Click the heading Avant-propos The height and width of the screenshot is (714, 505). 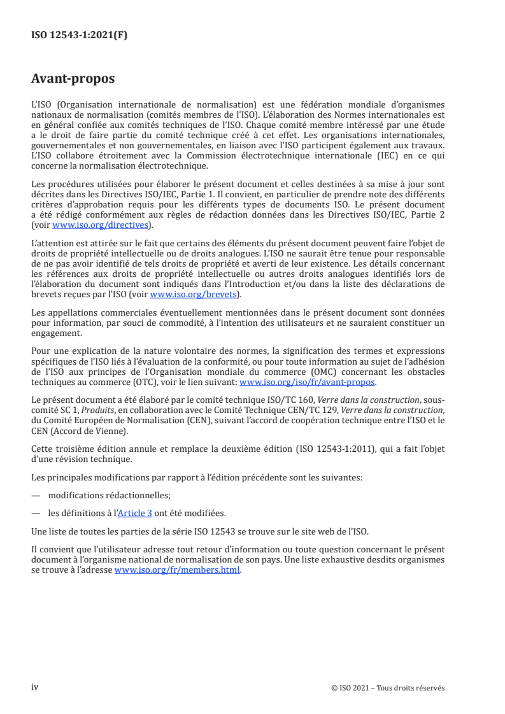(73, 80)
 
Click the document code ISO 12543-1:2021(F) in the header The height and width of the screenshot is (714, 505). (79, 36)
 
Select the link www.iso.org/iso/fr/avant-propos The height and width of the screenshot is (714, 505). (307, 382)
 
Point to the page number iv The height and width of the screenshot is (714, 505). (35, 687)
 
